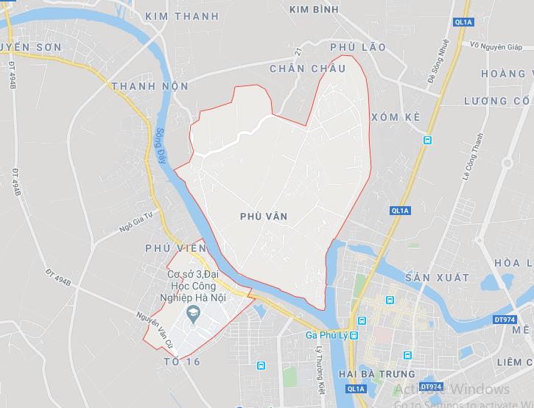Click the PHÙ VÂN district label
[x=264, y=217]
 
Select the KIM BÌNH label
[x=314, y=10]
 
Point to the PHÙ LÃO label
[x=358, y=47]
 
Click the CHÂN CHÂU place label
[x=307, y=68]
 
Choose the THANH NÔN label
[x=150, y=86]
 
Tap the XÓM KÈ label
[x=396, y=117]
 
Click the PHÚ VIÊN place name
[x=177, y=248]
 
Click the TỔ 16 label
[x=182, y=362]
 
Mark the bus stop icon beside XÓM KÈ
[x=427, y=140]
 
